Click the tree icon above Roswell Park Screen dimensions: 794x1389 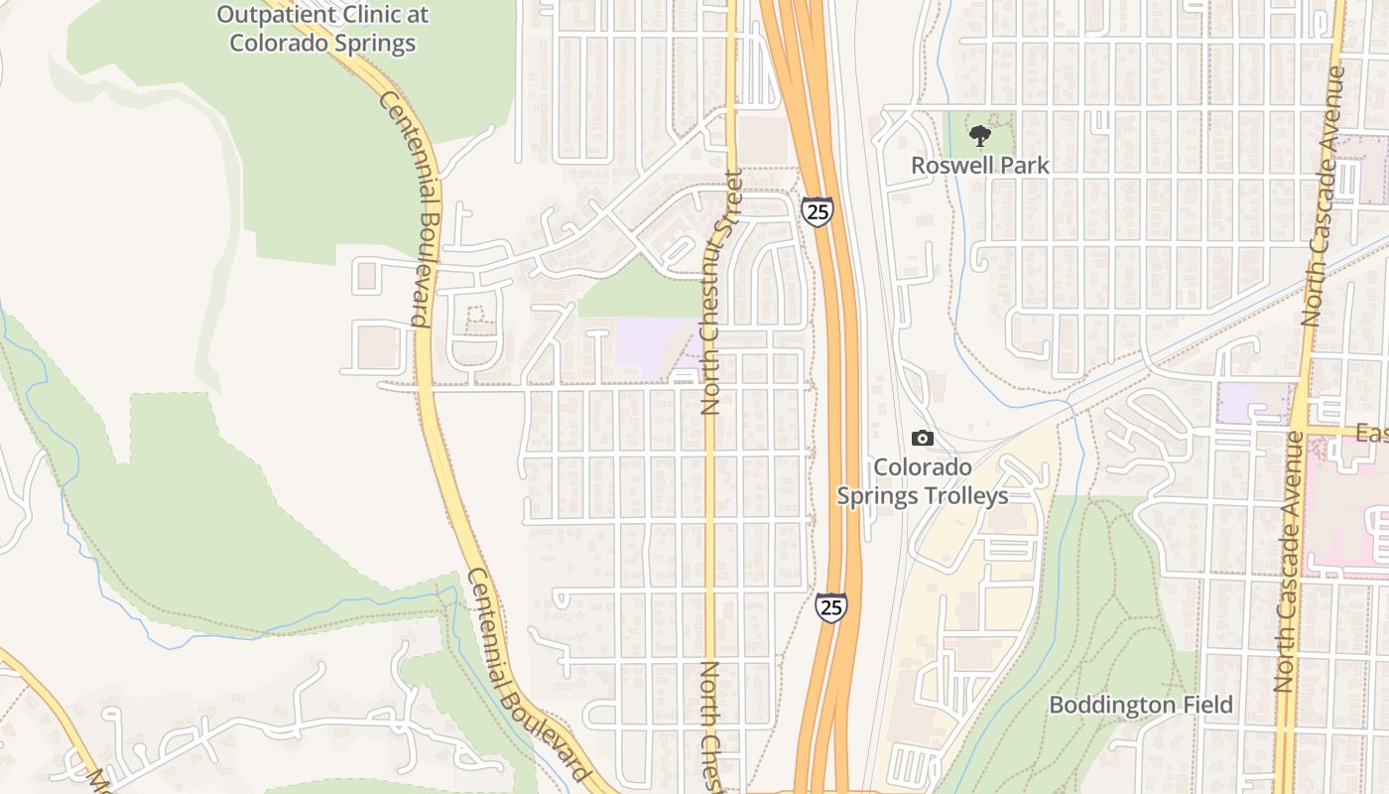(979, 136)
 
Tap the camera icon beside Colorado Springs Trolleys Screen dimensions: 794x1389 (922, 438)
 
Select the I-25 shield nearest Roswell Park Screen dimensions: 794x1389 (818, 210)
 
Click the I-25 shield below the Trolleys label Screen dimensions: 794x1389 (831, 605)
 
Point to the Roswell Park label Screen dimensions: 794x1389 (980, 165)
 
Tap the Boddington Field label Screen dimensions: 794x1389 (1141, 705)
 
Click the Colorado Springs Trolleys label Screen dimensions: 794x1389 (923, 481)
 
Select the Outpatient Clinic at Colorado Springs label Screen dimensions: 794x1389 (322, 29)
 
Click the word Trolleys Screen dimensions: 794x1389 (962, 496)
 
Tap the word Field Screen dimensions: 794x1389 (1206, 705)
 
